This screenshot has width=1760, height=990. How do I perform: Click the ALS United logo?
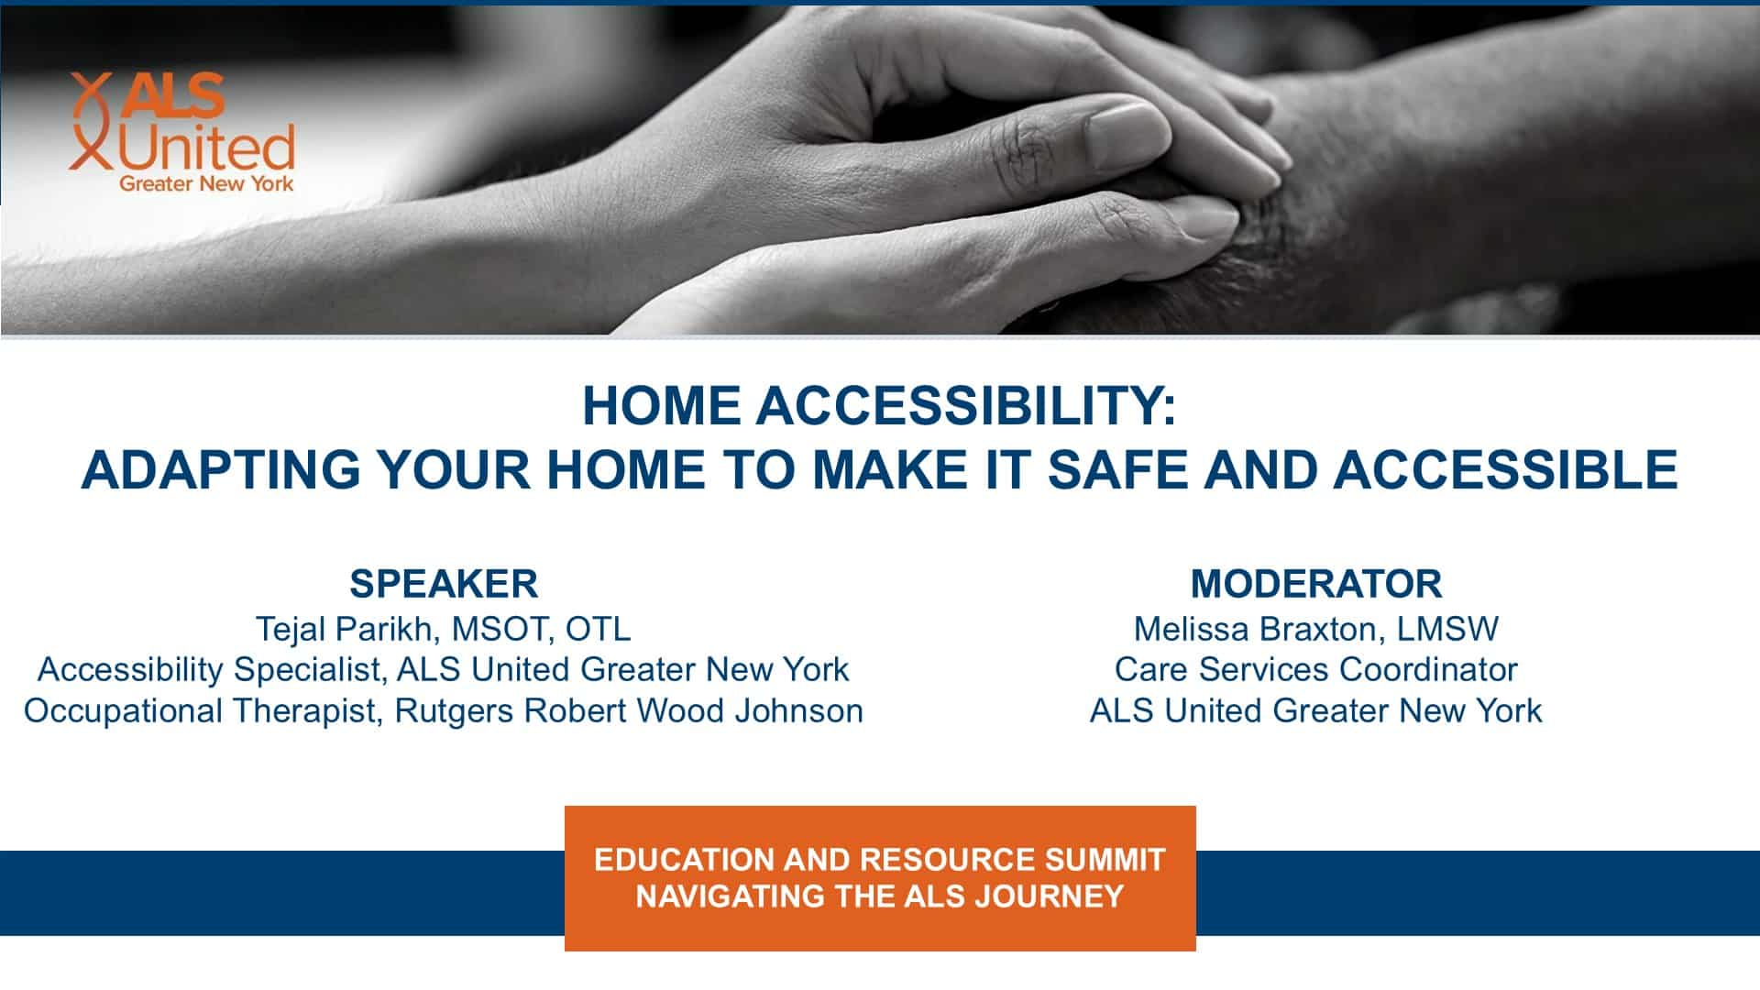click(181, 133)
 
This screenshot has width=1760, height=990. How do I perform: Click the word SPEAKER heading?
click(444, 584)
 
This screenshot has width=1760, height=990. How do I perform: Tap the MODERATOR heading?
click(1315, 584)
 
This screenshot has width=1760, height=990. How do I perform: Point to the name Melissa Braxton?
click(1255, 629)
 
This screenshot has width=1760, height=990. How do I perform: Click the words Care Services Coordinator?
click(1315, 669)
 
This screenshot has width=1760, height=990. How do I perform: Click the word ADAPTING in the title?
click(221, 469)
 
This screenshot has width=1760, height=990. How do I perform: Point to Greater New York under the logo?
click(206, 183)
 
